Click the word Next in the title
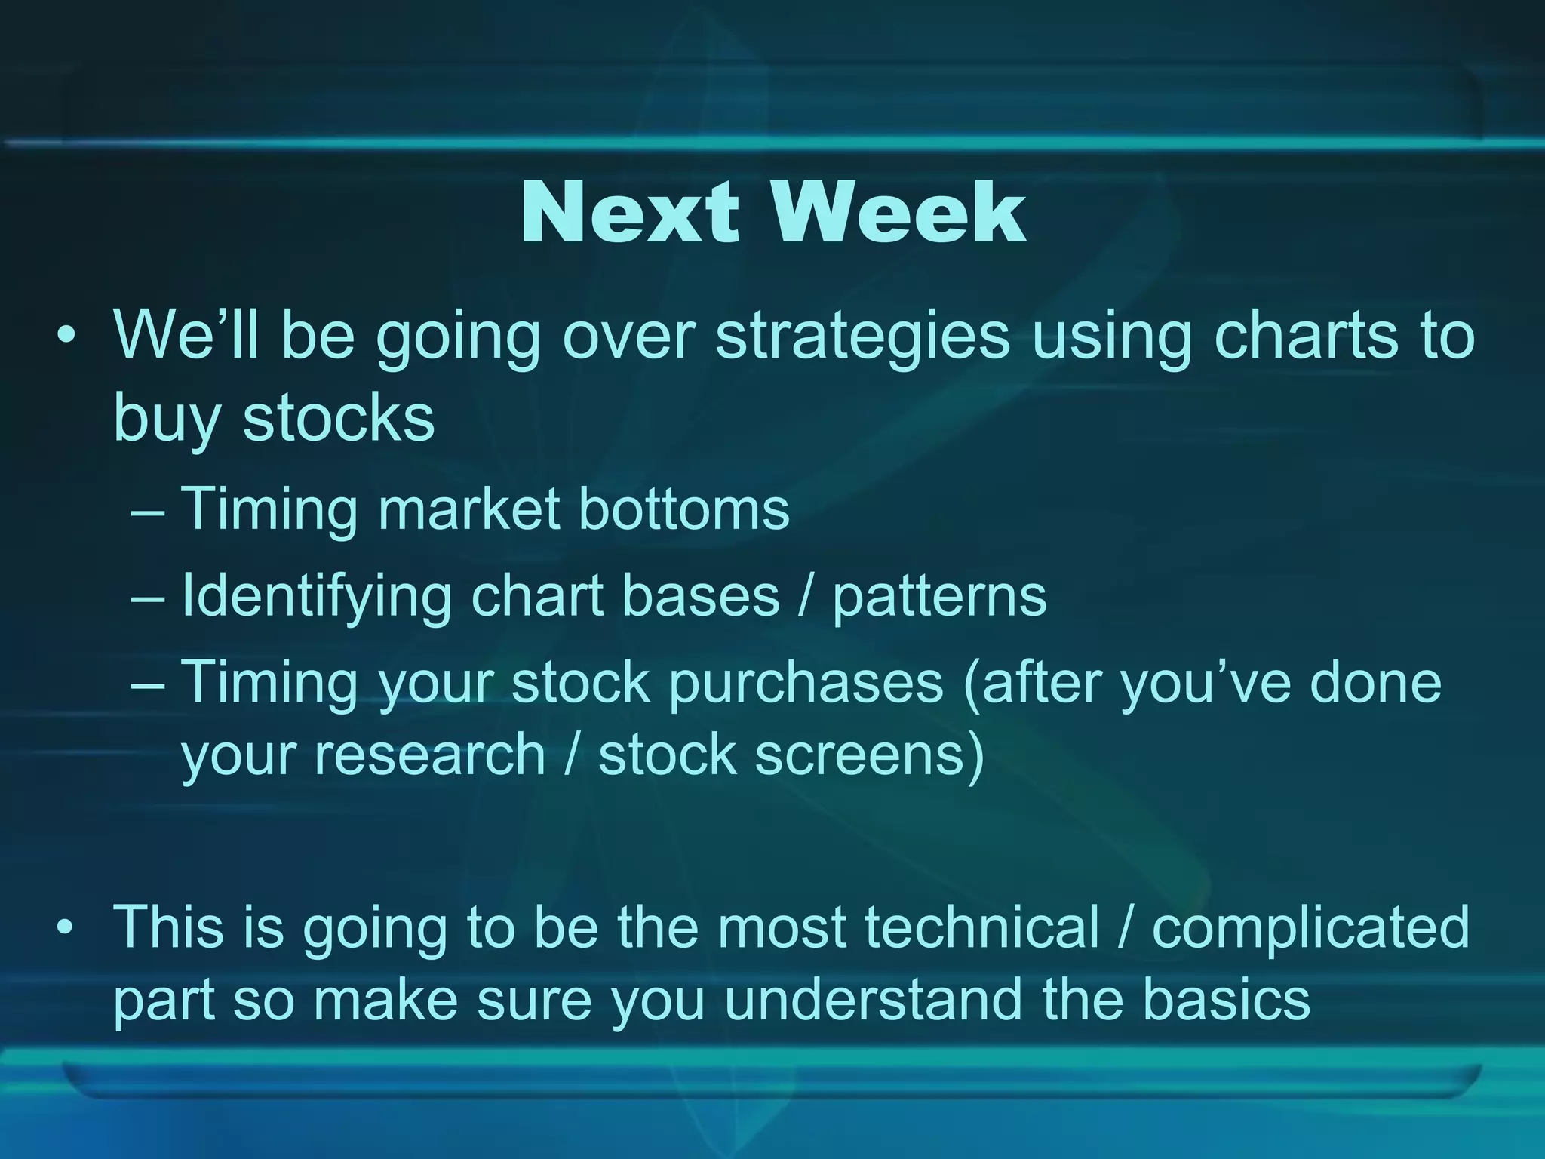(629, 214)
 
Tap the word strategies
(862, 337)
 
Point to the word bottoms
(683, 509)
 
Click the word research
(430, 755)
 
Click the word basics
(1226, 998)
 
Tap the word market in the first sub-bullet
(468, 509)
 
